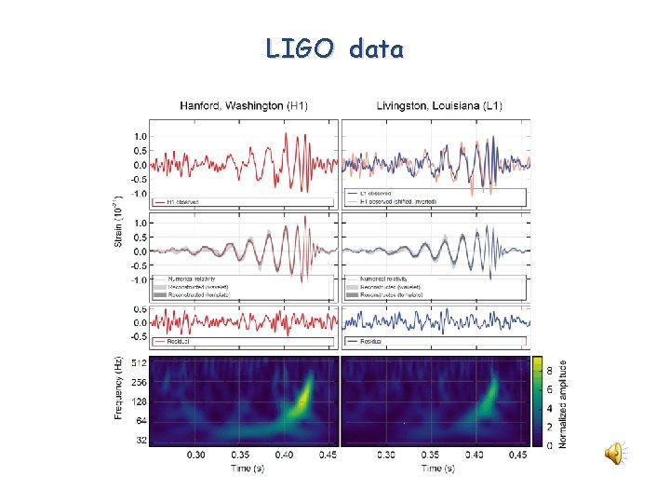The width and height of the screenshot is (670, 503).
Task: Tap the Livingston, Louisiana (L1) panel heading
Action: pyautogui.click(x=438, y=106)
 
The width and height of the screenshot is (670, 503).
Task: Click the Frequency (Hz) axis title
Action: pyautogui.click(x=119, y=387)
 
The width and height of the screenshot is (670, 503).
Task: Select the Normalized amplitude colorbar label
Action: pyautogui.click(x=561, y=401)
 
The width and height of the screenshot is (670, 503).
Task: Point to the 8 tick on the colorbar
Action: pyautogui.click(x=550, y=369)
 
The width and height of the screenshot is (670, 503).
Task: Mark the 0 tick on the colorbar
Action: pyautogui.click(x=550, y=444)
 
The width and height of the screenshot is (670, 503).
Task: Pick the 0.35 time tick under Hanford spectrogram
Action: pyautogui.click(x=241, y=455)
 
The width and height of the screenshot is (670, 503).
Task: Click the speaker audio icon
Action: pyautogui.click(x=614, y=453)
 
